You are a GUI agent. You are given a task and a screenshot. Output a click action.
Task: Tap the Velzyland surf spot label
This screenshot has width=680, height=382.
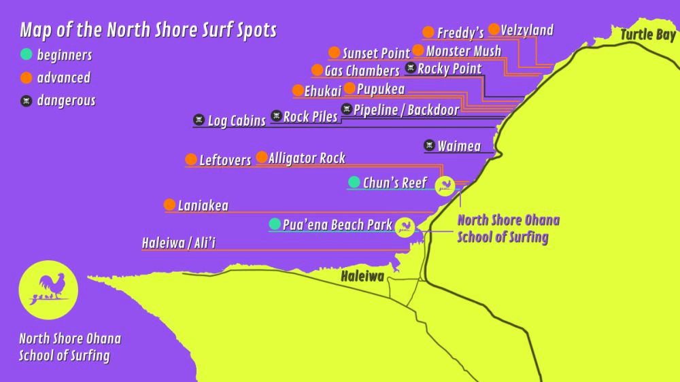527,30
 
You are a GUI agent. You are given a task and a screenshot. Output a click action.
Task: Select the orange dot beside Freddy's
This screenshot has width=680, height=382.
428,32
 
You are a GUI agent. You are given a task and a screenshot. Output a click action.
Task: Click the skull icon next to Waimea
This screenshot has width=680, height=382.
429,145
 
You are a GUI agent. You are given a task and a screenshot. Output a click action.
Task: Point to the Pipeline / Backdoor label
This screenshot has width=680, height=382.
406,109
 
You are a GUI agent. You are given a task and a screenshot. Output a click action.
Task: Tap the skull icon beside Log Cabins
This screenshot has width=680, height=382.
199,120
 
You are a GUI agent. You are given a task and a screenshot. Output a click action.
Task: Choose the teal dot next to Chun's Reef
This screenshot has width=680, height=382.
354,181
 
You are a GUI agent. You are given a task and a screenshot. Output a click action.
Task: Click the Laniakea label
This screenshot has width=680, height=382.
203,205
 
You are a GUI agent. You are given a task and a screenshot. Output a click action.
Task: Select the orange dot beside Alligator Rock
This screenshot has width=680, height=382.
262,157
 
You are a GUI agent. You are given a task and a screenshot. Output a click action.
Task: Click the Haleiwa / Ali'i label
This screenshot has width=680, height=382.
179,243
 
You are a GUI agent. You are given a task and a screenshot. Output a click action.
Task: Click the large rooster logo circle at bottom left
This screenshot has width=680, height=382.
48,290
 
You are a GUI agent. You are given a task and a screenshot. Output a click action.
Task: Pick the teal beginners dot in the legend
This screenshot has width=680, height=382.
27,54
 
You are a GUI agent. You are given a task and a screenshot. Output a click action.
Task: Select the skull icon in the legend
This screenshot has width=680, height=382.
27,101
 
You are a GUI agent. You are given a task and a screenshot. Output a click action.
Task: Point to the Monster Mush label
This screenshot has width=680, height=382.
463,51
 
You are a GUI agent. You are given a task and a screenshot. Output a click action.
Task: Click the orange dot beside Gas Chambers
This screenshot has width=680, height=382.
317,70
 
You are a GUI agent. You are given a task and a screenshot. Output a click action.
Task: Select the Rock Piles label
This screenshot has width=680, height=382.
310,117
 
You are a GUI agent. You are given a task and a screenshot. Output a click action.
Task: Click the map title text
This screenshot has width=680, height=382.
148,30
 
